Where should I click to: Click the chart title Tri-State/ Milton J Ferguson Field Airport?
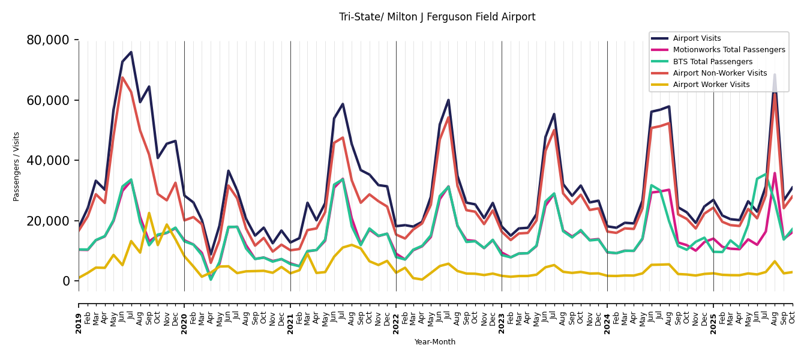click(x=437, y=17)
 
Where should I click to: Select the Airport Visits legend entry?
click(x=697, y=38)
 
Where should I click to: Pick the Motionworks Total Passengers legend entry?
click(x=728, y=50)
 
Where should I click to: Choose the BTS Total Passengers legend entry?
click(x=712, y=62)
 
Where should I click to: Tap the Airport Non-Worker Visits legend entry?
click(x=719, y=73)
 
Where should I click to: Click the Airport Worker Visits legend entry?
click(x=711, y=85)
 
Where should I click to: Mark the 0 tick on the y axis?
click(x=67, y=281)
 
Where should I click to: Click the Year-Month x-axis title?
click(x=435, y=342)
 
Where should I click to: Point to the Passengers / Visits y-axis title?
click(x=17, y=166)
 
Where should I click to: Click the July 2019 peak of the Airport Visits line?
click(x=131, y=52)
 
